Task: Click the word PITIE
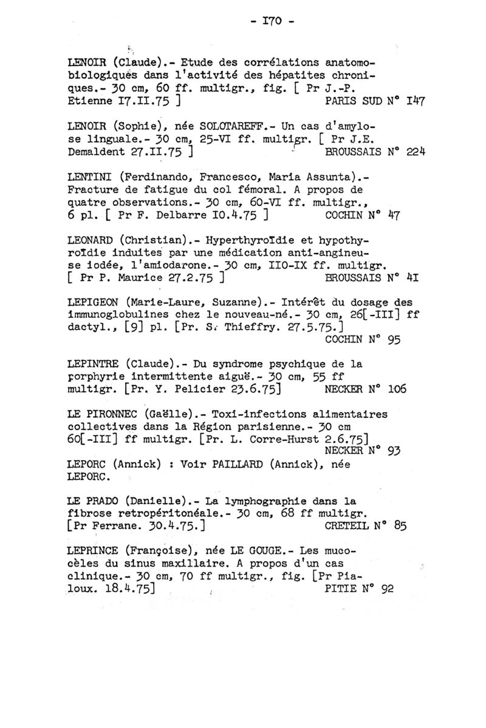[335, 588]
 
